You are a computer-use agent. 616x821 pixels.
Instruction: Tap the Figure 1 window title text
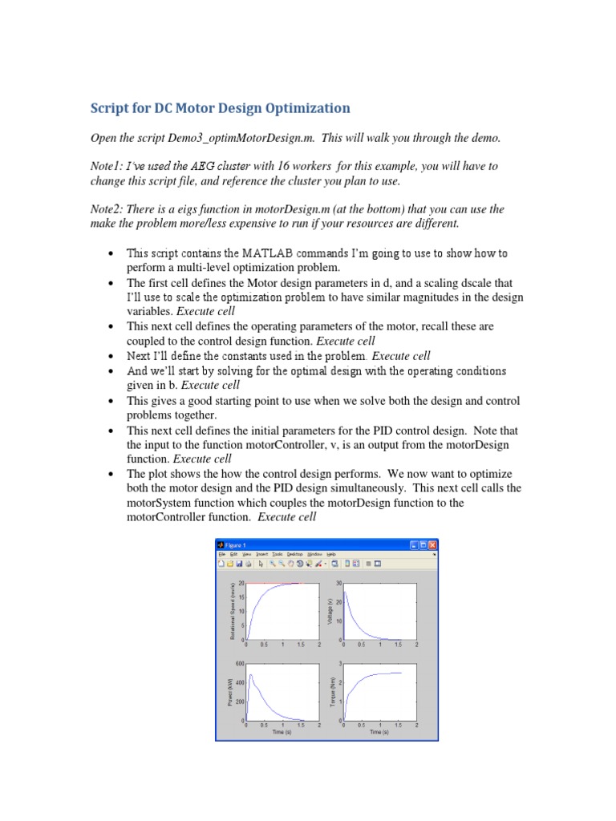pos(237,544)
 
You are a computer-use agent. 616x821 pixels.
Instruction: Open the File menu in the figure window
pos(222,554)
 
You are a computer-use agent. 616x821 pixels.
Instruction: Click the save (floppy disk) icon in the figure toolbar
pos(239,564)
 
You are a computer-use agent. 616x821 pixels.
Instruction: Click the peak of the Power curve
pos(251,675)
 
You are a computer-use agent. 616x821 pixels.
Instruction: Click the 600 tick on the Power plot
pos(239,664)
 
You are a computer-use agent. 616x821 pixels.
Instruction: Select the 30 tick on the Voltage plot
pos(338,584)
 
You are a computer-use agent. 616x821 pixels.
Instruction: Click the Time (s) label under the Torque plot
pos(379,732)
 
